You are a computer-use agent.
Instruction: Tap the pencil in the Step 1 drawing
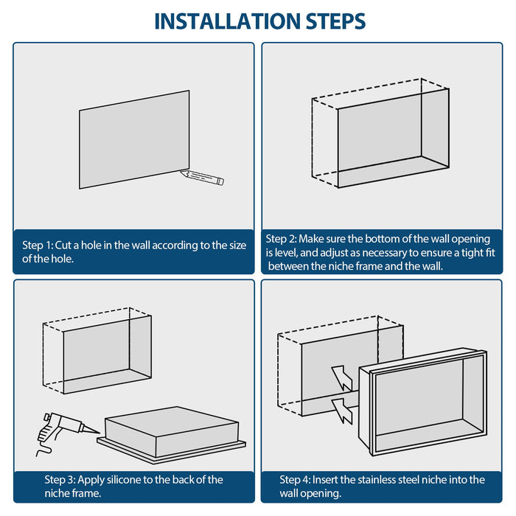tap(202, 177)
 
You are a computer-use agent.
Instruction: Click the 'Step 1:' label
tap(38, 245)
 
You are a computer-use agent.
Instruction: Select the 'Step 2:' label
tap(281, 239)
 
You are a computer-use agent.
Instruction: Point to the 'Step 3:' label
tap(60, 480)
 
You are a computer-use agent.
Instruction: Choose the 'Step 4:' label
tap(296, 480)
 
